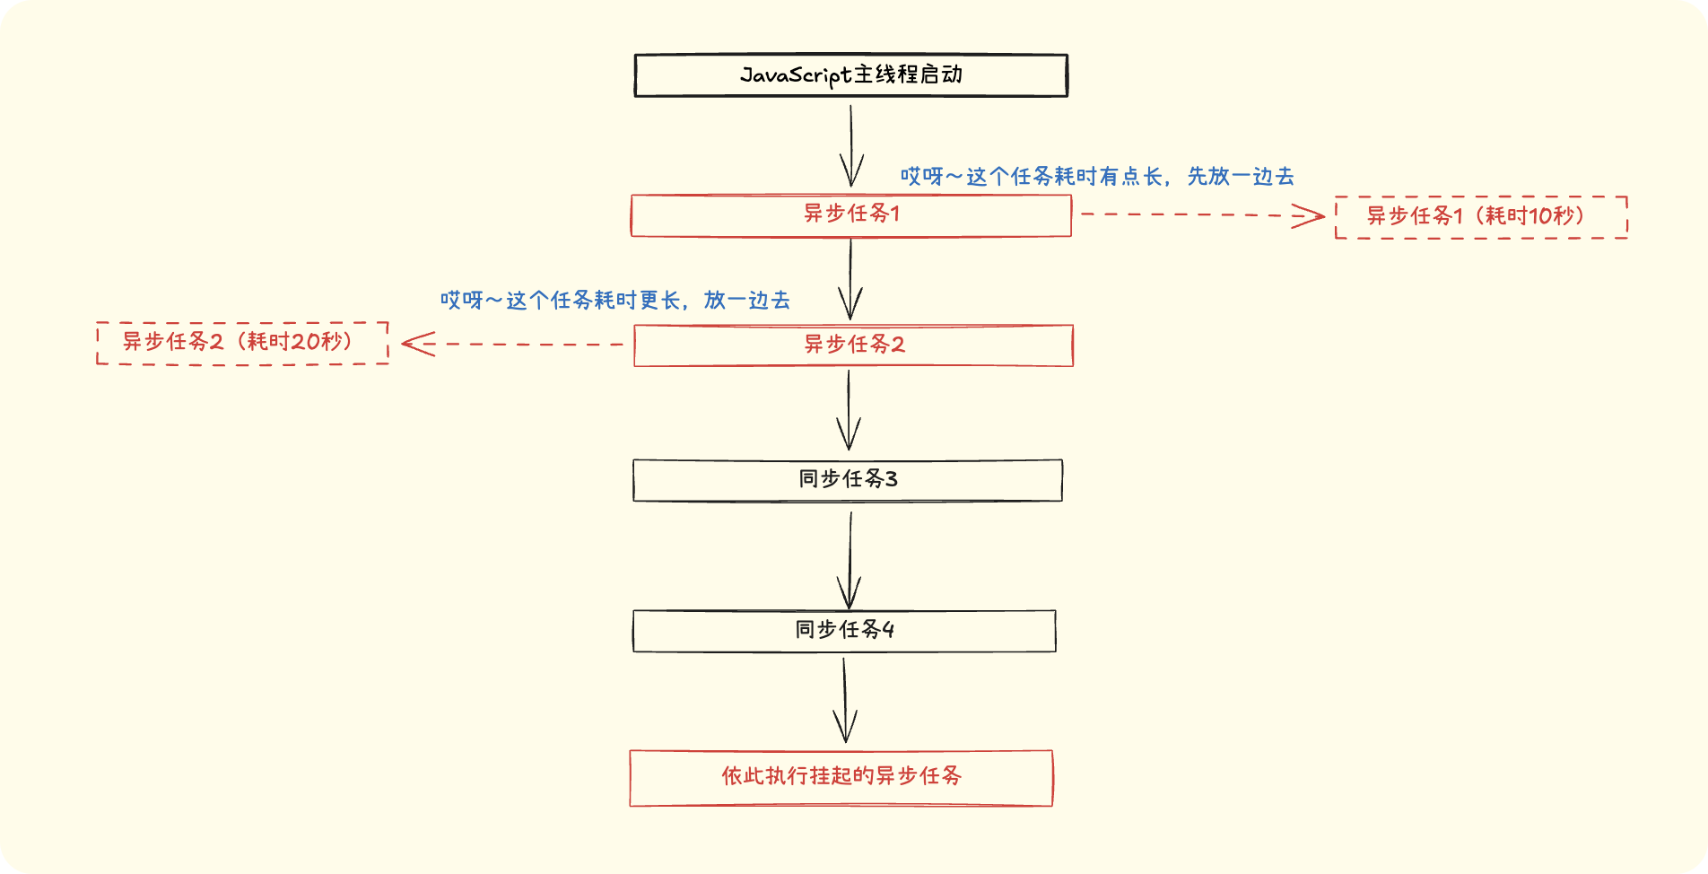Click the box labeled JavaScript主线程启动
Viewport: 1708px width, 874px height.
[850, 75]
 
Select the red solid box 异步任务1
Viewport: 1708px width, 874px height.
[850, 215]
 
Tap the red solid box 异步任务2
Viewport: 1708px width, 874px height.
[853, 345]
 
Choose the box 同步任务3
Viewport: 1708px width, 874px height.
[848, 480]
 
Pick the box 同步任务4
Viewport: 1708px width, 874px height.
[844, 631]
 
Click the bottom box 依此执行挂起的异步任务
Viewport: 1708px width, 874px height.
[841, 778]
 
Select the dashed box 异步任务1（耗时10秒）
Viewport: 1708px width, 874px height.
[1481, 217]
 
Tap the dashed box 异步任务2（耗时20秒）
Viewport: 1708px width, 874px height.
[242, 343]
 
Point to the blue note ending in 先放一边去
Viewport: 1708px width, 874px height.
[1097, 177]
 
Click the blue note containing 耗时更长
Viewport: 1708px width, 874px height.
[614, 301]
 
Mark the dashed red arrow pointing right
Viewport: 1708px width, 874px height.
[1202, 215]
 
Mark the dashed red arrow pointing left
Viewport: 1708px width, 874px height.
[512, 344]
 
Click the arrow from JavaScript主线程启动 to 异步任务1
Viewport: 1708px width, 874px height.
[850, 145]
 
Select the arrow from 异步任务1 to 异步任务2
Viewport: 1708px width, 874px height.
[850, 278]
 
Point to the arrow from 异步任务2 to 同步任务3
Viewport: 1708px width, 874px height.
[849, 410]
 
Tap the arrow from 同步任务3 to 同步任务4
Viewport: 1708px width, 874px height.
[849, 558]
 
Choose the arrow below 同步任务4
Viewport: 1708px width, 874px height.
[844, 700]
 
